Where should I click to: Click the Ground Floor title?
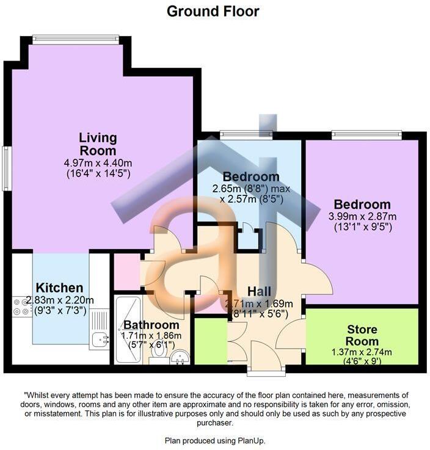[213, 11]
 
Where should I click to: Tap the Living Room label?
[98, 144]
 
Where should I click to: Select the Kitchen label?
[59, 288]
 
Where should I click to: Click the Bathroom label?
[151, 325]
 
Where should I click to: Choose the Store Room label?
[362, 336]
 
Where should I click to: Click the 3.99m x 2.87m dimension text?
[362, 216]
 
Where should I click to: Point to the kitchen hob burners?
[20, 311]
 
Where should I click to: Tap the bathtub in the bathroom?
[127, 328]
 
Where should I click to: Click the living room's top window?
[75, 39]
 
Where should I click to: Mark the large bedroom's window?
[366, 134]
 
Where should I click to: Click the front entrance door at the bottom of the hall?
[265, 368]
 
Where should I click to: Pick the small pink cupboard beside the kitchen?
[127, 271]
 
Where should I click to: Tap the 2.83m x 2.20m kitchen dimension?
[59, 300]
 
